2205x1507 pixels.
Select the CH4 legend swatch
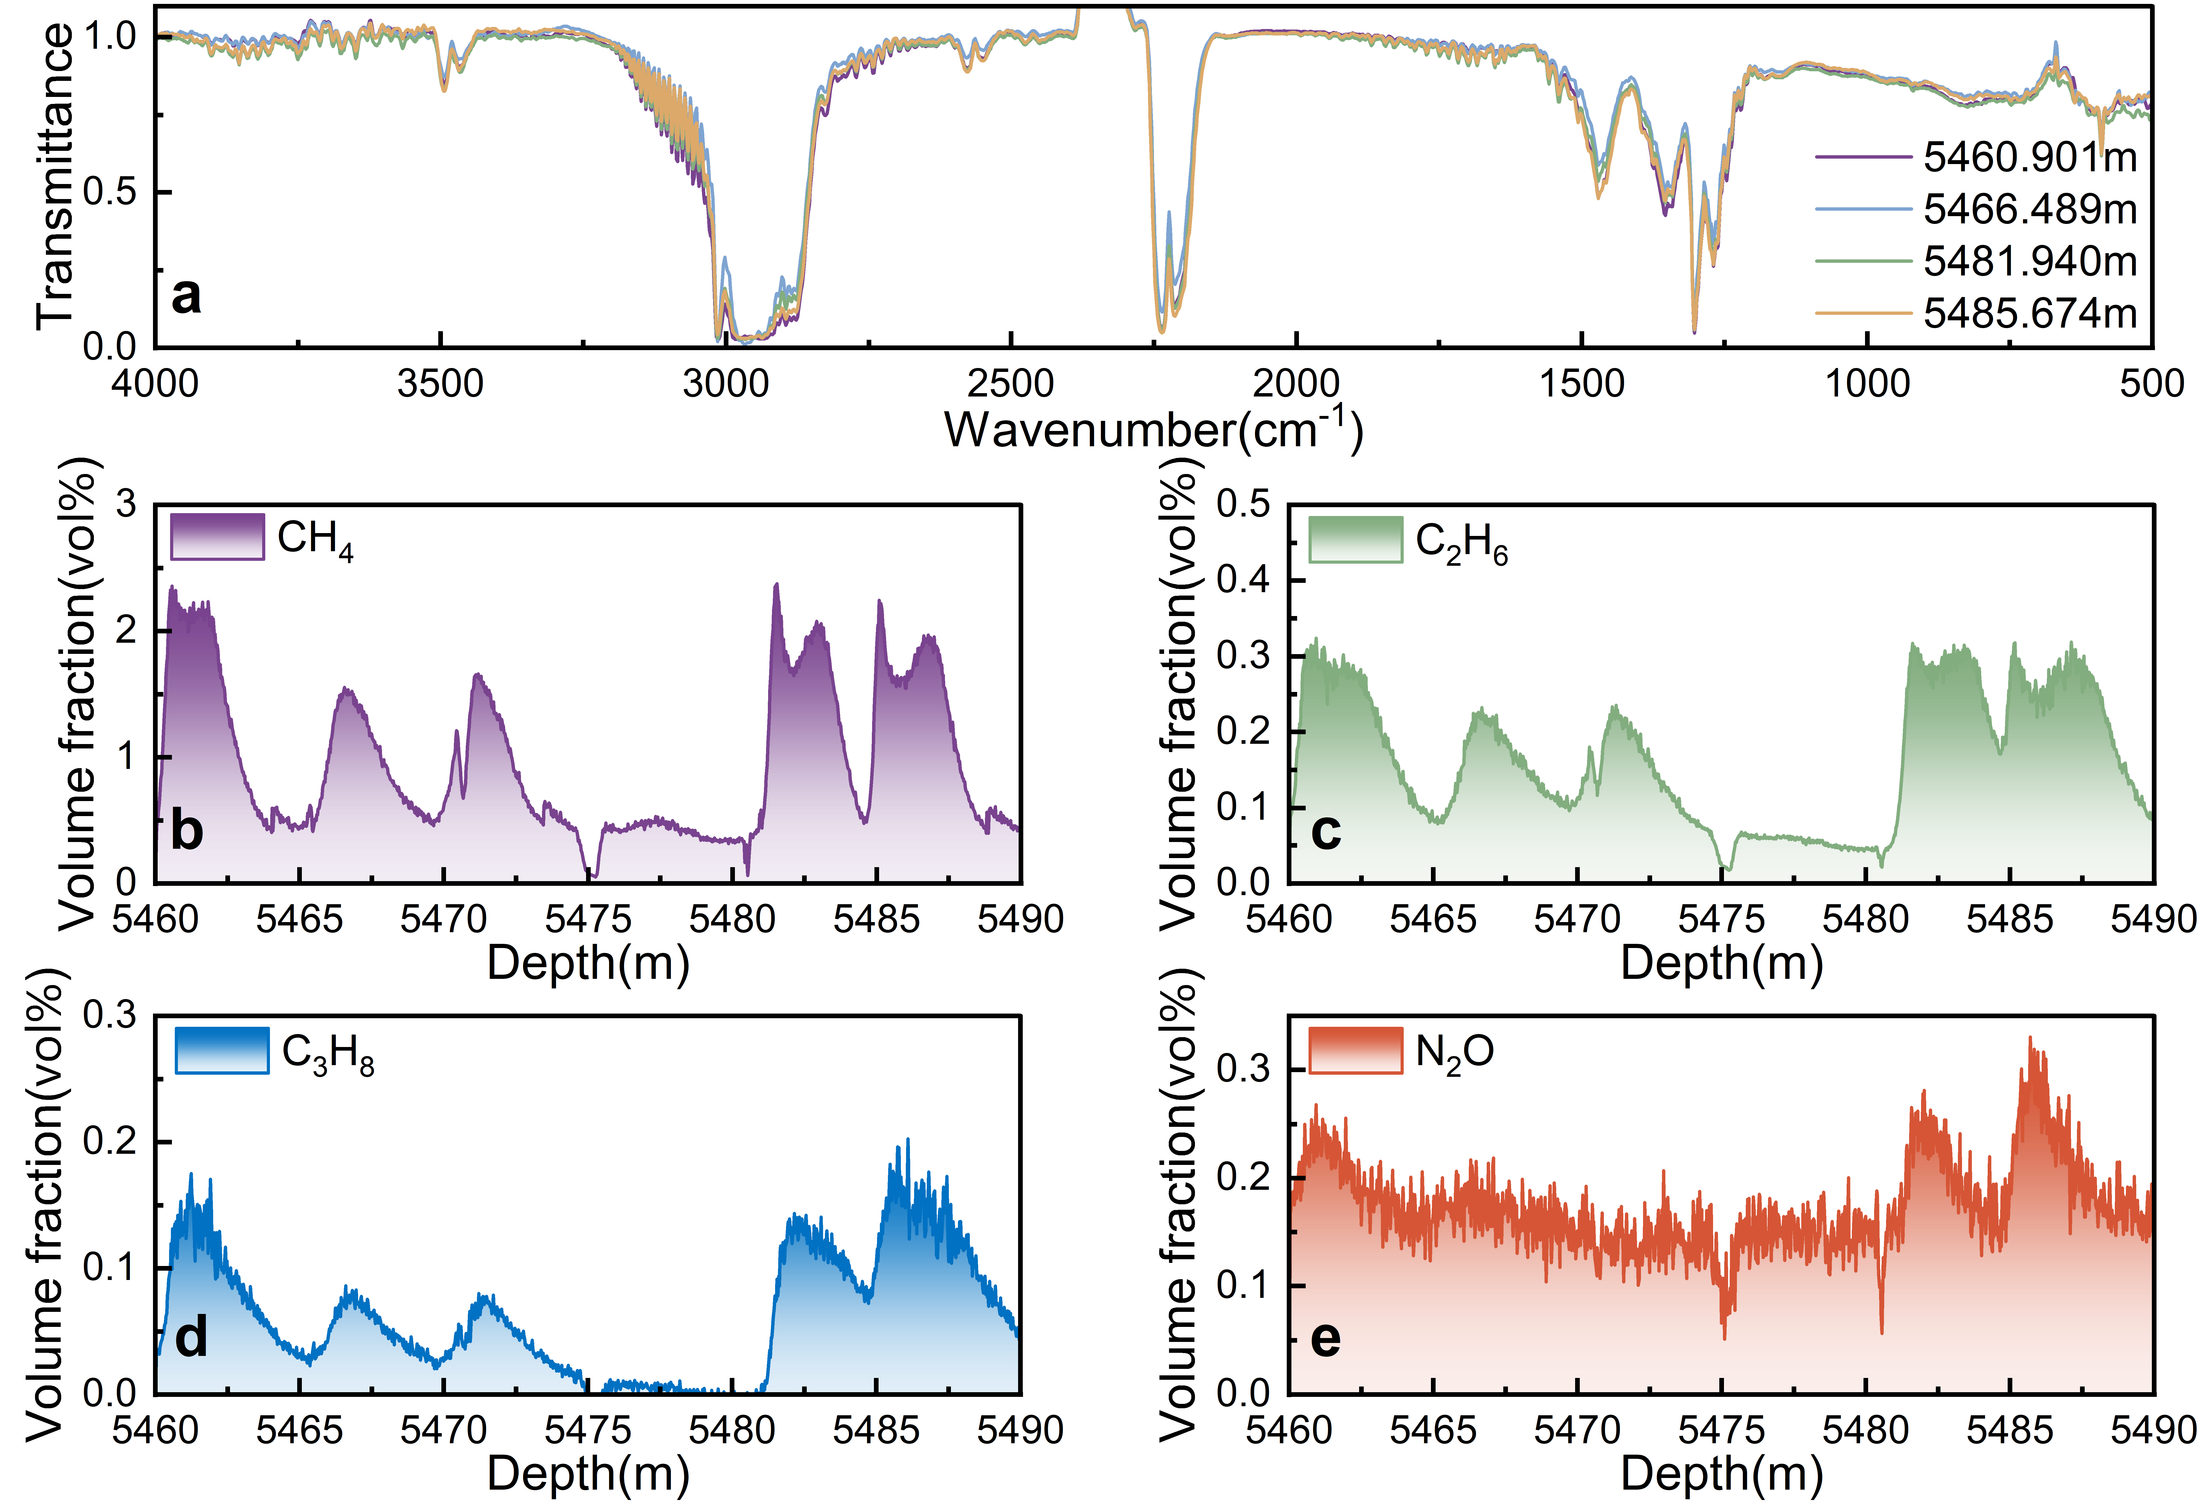pos(217,537)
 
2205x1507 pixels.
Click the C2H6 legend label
pos(1461,542)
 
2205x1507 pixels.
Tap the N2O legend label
pos(1455,1053)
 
